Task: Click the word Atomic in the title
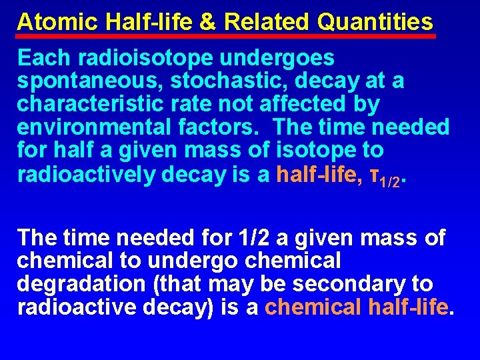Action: pyautogui.click(x=57, y=22)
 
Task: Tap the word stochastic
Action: pyautogui.click(x=210, y=81)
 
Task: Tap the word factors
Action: pyautogui.click(x=227, y=127)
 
